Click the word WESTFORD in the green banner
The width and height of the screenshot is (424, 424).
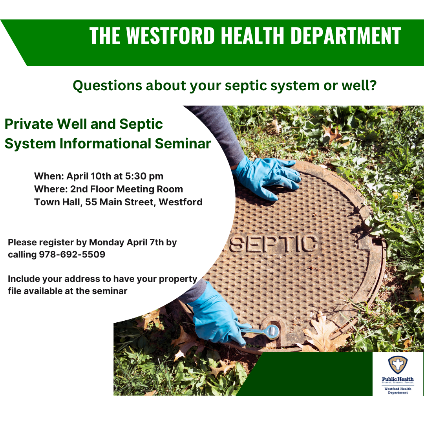pos(170,36)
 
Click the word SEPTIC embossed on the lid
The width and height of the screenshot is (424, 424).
pos(273,243)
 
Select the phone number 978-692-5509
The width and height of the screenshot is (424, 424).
pos(72,254)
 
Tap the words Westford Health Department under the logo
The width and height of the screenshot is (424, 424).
pos(398,390)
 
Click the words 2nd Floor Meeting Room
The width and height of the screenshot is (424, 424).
pos(126,189)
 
